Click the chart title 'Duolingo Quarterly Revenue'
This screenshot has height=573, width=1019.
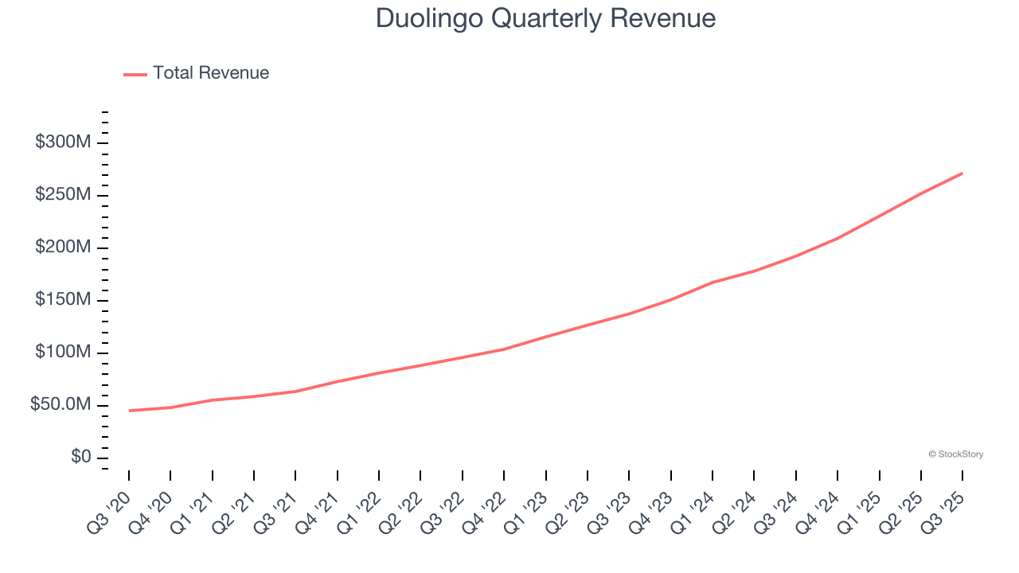(x=545, y=18)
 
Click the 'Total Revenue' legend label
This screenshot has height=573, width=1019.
(x=211, y=73)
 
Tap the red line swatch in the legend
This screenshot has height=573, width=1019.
(x=135, y=74)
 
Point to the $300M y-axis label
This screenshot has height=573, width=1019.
(x=63, y=142)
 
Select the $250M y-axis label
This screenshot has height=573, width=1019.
(x=63, y=195)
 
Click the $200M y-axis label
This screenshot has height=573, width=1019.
(x=63, y=248)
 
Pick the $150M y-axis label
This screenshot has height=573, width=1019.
(x=63, y=300)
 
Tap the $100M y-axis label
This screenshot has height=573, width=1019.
(x=63, y=353)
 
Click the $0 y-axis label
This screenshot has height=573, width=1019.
(x=80, y=458)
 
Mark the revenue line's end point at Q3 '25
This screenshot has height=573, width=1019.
(x=962, y=173)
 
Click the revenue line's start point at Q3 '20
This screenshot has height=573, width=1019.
(x=129, y=411)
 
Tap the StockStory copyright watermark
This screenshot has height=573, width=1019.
(x=955, y=454)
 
